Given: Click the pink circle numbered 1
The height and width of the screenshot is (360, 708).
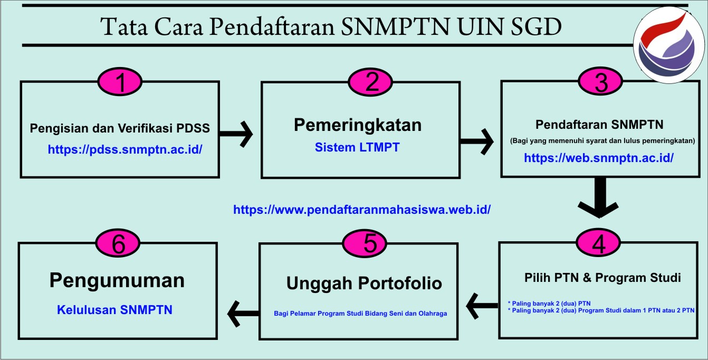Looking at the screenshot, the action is (x=120, y=82).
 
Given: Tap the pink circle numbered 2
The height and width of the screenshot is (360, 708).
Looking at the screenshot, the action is (x=370, y=82).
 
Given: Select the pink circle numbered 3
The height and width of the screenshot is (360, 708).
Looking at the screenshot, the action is (x=600, y=81).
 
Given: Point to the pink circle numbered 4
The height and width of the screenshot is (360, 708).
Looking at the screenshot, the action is (x=598, y=243).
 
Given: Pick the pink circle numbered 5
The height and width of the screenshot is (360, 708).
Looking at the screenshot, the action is (x=365, y=243).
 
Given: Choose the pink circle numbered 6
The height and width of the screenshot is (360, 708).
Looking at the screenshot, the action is (x=118, y=243).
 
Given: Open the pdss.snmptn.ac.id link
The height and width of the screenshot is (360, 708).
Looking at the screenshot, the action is (x=125, y=149).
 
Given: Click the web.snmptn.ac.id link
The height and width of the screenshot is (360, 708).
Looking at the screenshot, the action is (x=599, y=158).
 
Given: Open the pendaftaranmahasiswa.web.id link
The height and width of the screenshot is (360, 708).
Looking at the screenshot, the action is (x=362, y=210).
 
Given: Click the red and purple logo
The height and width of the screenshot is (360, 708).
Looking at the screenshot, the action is (x=668, y=45).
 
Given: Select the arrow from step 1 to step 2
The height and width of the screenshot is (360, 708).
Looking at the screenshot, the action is (x=236, y=134).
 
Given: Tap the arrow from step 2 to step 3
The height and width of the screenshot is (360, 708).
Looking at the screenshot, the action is (x=476, y=141).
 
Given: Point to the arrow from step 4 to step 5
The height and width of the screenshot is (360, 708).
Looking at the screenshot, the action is (x=482, y=306).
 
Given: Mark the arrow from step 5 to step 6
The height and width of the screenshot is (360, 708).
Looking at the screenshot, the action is (x=243, y=314).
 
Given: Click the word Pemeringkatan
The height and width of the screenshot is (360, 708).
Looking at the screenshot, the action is (x=358, y=125).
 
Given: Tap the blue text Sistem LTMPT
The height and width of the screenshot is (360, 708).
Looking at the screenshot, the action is (x=357, y=147).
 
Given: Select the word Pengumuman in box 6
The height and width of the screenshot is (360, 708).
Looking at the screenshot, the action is (x=117, y=281).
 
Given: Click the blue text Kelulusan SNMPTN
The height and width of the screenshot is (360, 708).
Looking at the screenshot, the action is (x=114, y=310).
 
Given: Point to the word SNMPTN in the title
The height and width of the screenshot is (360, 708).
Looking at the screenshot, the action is (x=396, y=26).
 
